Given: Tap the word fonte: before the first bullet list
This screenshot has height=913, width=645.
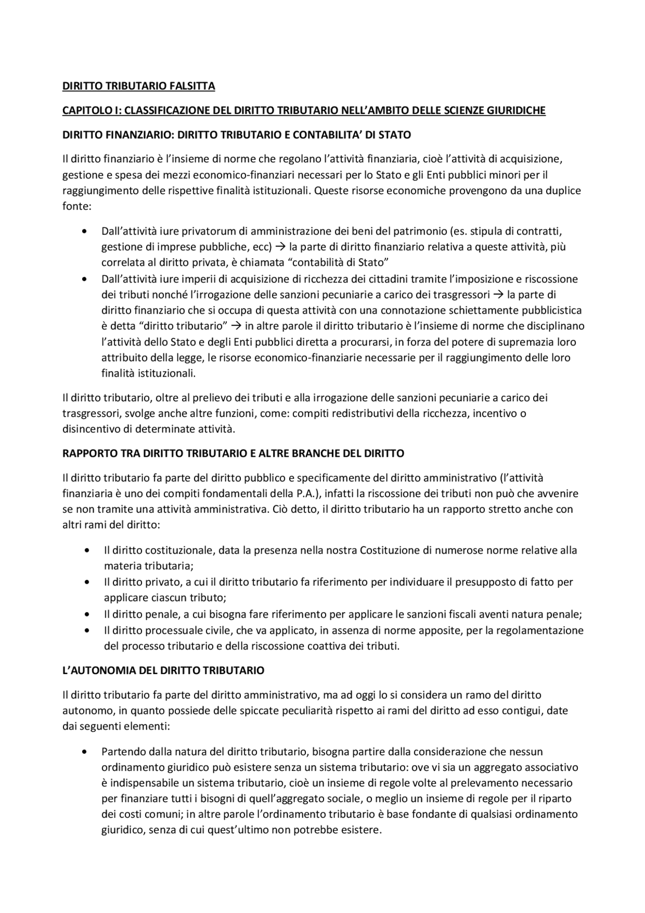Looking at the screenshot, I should point(76,207).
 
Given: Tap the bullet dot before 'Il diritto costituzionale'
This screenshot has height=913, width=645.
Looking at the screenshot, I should point(88,551).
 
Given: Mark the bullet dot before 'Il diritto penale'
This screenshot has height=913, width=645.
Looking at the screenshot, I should point(88,615).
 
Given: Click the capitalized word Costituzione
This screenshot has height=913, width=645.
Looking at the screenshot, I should point(390,551).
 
